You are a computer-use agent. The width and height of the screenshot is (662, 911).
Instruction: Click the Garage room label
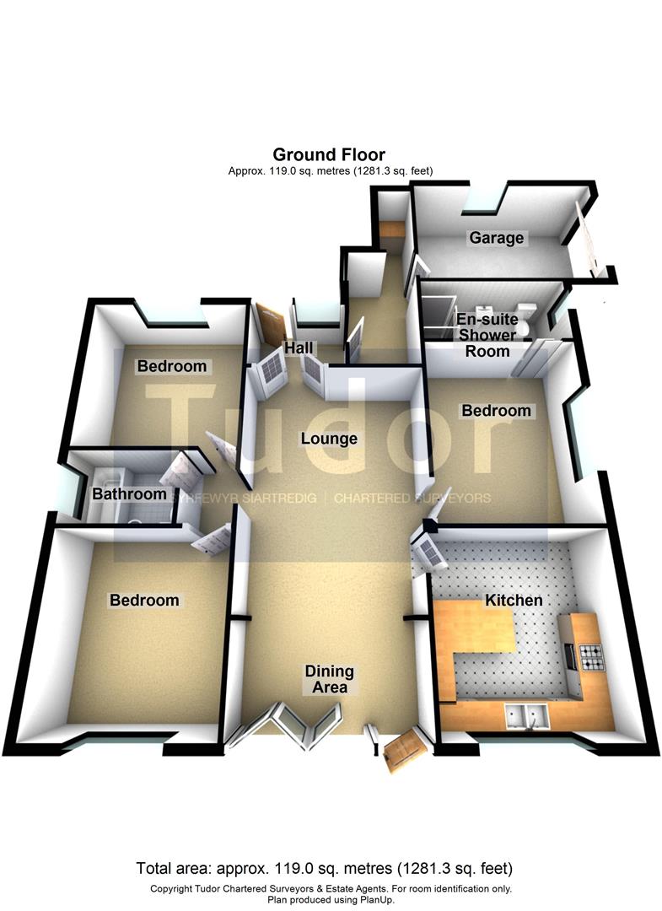[497, 238]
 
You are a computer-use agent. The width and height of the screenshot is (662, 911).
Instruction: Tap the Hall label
[299, 348]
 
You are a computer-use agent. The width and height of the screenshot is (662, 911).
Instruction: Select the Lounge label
[329, 438]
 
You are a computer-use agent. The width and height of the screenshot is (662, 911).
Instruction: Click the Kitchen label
[514, 600]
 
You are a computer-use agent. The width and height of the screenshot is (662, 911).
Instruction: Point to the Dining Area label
[329, 679]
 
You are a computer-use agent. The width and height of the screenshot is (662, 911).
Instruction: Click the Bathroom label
[129, 493]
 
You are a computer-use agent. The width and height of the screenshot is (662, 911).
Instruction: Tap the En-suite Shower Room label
[487, 335]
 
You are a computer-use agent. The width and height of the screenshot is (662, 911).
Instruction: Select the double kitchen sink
[526, 716]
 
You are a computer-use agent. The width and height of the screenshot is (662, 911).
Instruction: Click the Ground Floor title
[329, 154]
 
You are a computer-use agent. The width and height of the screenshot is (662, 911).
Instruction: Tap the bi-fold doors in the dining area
[283, 724]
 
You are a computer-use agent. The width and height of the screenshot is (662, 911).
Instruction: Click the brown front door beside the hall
[272, 326]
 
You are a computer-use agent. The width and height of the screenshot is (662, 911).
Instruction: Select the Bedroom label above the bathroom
[172, 366]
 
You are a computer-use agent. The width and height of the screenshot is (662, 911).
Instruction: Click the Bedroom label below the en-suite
[497, 410]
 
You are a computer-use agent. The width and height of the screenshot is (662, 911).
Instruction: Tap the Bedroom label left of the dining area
[144, 600]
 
